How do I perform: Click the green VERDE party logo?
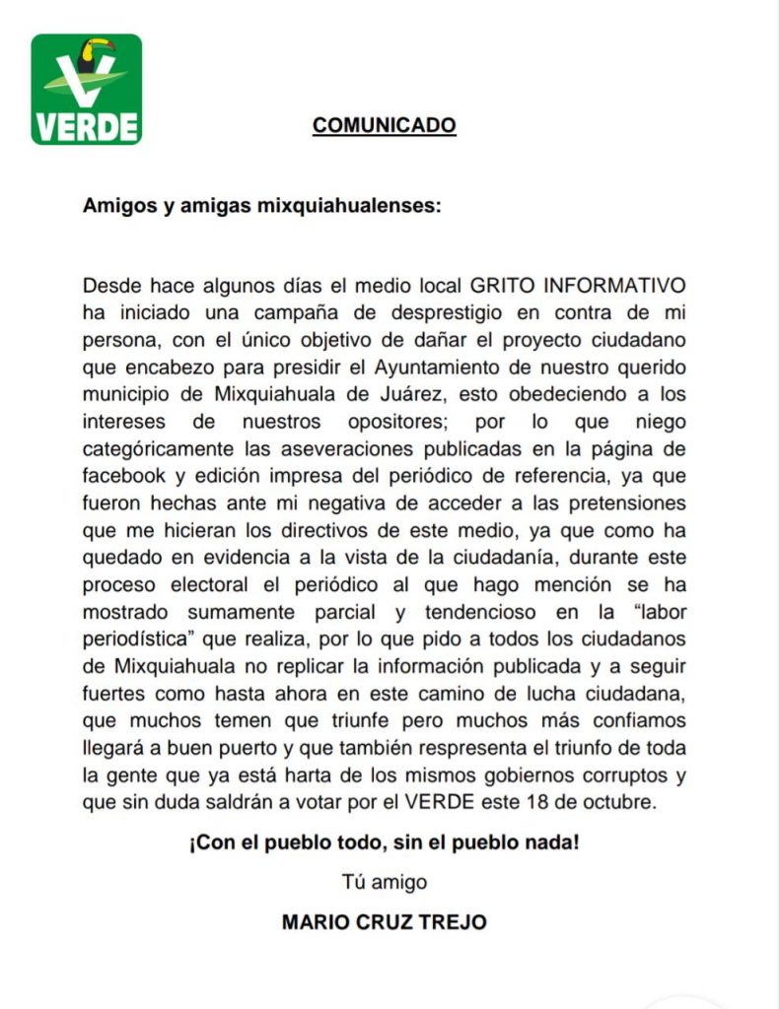pos(87,90)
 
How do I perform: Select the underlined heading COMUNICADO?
pos(384,126)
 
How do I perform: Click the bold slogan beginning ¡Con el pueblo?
pos(385,844)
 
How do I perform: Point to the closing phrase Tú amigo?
pos(384,881)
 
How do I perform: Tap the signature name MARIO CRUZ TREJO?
pos(384,922)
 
